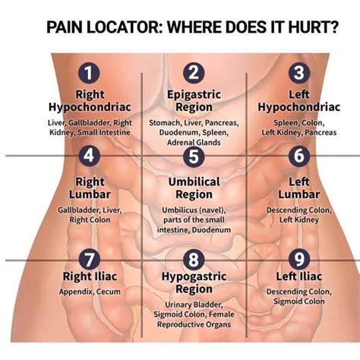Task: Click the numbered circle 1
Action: coord(89,73)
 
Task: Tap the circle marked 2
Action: coord(194,73)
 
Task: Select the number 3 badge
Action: coord(299,73)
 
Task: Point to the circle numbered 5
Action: coord(194,156)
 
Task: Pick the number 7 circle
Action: coord(89,260)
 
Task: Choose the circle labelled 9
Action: coord(299,260)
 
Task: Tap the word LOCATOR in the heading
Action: coord(125,27)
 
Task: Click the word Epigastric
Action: coord(194,95)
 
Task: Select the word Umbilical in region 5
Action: coord(194,182)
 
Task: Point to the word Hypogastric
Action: coord(194,276)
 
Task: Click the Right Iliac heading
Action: coord(90,276)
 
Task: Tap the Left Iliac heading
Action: coord(299,276)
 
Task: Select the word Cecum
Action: coord(109,292)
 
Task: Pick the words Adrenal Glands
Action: coord(194,143)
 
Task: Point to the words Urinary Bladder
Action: coord(194,305)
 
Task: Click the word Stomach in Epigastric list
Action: coord(165,123)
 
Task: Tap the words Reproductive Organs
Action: coord(194,324)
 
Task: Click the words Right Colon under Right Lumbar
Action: coord(90,219)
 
